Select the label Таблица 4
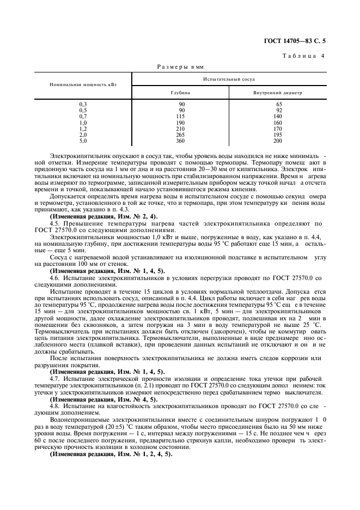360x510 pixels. pos(303,56)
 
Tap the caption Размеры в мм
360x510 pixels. pos(180,66)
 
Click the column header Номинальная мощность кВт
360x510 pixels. pos(83,85)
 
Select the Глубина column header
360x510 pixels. pos(180,93)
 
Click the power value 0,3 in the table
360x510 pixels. pos(83,104)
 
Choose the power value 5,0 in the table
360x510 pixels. pos(83,141)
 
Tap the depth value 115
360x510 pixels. pos(181,116)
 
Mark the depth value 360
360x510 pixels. pos(181,141)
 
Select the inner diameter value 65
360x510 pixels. pos(278,104)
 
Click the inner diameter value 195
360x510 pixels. pos(278,135)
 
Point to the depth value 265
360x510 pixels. pos(181,135)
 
